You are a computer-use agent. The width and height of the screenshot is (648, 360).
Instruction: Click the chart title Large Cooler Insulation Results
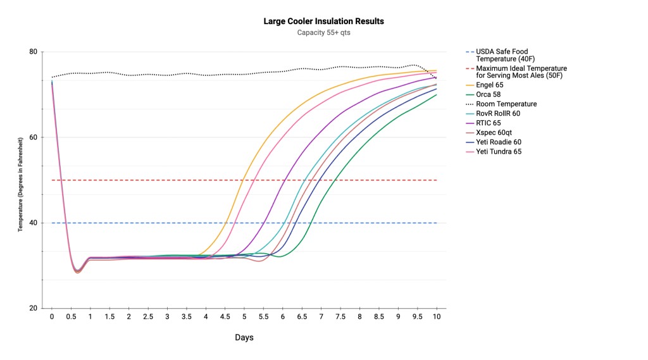pyautogui.click(x=323, y=22)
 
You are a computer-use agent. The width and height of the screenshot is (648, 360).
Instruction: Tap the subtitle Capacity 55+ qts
pyautogui.click(x=323, y=33)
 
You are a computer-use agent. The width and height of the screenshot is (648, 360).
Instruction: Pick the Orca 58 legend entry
pyautogui.click(x=490, y=94)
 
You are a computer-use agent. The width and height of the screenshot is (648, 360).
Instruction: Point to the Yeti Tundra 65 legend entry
pyautogui.click(x=499, y=152)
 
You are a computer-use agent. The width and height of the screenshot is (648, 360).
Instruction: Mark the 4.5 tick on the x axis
pyautogui.click(x=225, y=317)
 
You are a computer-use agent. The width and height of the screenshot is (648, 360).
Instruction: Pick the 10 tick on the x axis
pyautogui.click(x=437, y=317)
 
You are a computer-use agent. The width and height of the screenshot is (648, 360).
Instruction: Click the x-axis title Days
pyautogui.click(x=244, y=338)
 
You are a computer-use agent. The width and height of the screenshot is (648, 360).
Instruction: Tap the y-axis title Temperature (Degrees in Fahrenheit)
pyautogui.click(x=20, y=180)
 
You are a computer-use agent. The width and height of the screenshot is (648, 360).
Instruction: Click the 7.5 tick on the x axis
pyautogui.click(x=340, y=317)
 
